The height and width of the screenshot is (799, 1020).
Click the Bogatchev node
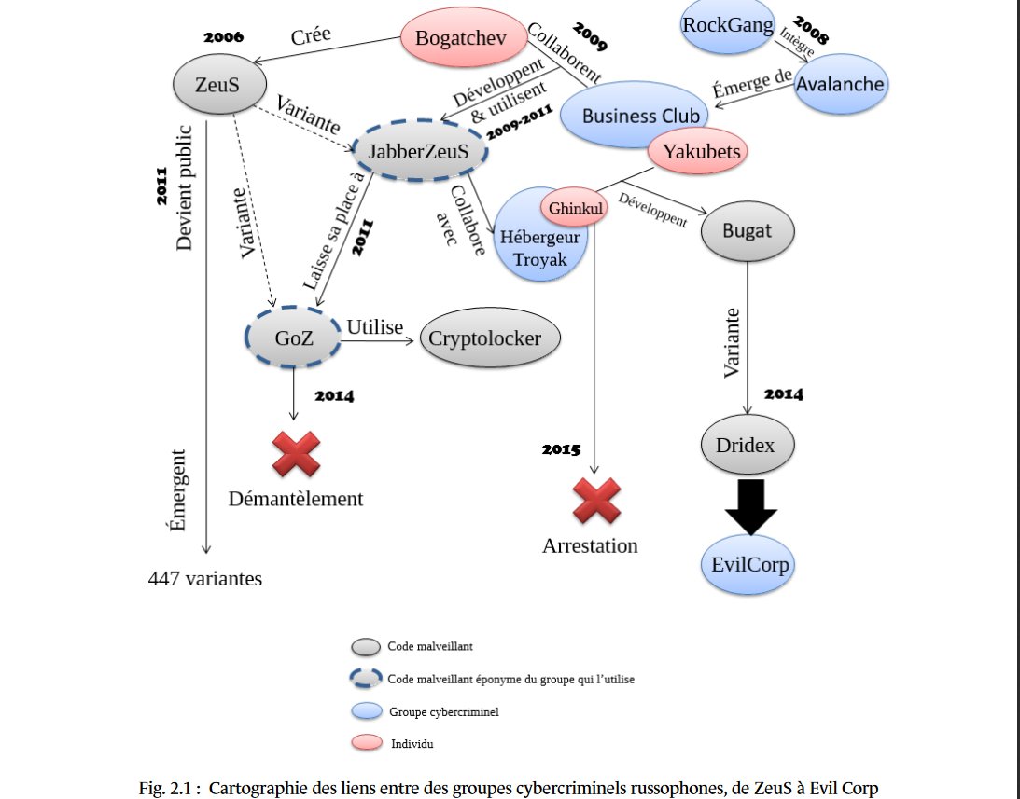pos(457,39)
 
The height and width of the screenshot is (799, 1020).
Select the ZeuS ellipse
pos(217,84)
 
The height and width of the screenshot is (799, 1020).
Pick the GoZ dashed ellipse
pos(293,337)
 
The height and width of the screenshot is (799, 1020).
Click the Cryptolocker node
pos(491,338)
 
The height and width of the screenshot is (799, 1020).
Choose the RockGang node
pos(728,25)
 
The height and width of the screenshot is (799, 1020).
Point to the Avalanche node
pos(841,84)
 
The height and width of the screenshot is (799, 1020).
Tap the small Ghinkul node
pos(574,209)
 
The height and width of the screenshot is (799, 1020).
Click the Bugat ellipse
pos(747,229)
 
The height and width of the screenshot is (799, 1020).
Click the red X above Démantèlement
pos(296,454)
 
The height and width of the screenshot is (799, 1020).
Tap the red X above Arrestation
pos(595,502)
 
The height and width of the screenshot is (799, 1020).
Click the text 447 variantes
pos(205,579)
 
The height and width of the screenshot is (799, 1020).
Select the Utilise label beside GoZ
pos(374,327)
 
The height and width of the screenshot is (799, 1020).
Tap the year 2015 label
pos(560,450)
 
